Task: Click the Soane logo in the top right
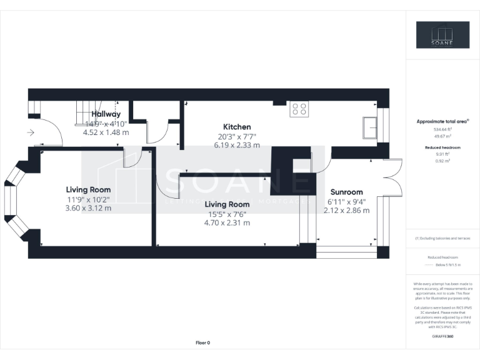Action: pos(442,35)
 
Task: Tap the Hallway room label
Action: pos(106,114)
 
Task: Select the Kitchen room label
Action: pos(237,127)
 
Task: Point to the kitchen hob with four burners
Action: pos(299,109)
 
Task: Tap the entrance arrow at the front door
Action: pos(31,132)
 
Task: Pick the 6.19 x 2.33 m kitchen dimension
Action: pos(237,145)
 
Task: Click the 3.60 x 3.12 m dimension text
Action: pos(89,208)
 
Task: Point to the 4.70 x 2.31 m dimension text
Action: pos(227,222)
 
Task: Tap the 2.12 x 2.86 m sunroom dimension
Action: pos(346,211)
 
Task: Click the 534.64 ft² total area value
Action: pos(442,129)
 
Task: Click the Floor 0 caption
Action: pos(203,342)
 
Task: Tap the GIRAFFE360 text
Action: pos(442,336)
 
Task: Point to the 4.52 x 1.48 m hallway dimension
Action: pos(106,132)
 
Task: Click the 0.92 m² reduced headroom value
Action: pos(442,161)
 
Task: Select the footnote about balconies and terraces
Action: pos(442,239)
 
